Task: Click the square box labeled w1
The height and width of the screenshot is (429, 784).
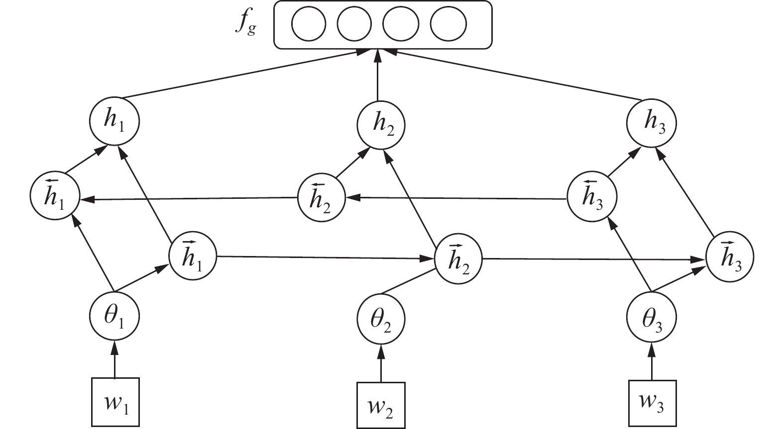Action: (x=114, y=402)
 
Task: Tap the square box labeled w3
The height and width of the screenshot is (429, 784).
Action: (x=652, y=402)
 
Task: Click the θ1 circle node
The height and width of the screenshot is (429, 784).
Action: (x=114, y=317)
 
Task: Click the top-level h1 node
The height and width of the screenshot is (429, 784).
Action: (x=114, y=121)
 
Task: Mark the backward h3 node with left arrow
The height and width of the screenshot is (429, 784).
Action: (x=592, y=196)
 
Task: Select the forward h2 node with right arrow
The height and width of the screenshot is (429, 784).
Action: (x=458, y=260)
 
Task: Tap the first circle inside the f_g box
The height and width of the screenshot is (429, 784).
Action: (x=309, y=24)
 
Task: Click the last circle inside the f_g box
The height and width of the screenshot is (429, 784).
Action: (x=448, y=24)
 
